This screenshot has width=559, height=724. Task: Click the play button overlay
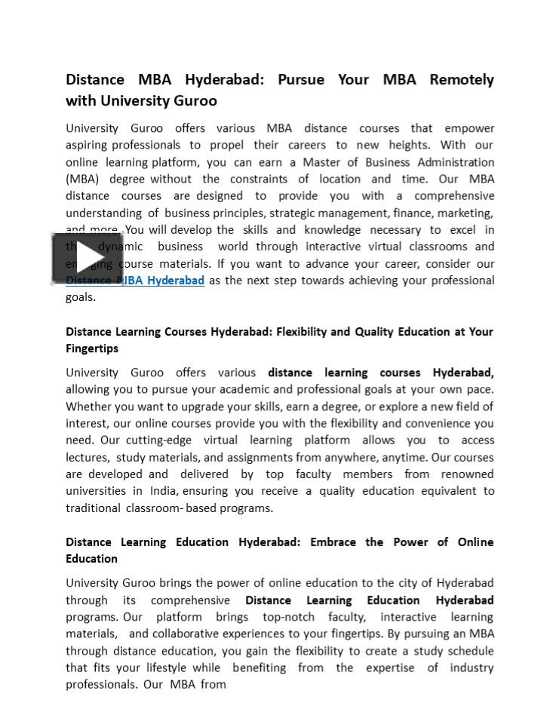coord(87,258)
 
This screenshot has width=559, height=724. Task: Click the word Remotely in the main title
coord(462,80)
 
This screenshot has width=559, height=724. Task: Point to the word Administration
coord(451,162)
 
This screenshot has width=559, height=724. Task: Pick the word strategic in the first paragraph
coord(290,213)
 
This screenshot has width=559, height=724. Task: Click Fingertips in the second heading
coord(92,348)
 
